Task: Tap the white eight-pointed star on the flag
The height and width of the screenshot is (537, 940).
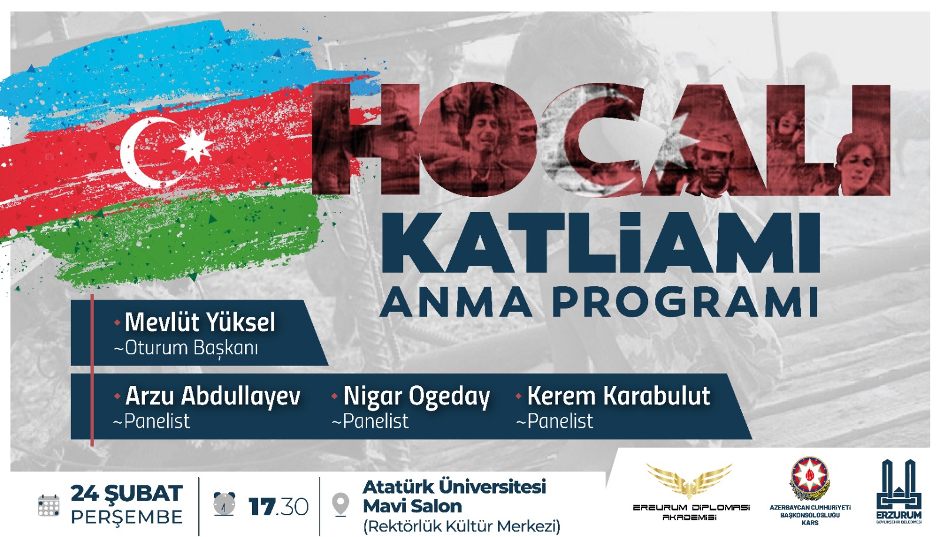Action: coord(194,145)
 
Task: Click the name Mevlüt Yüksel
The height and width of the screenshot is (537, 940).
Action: coord(200,322)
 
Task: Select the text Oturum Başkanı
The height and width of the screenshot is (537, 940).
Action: coord(191,348)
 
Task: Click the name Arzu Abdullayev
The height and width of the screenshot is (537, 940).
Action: coord(213,397)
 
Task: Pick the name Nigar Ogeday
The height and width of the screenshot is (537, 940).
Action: coord(417,397)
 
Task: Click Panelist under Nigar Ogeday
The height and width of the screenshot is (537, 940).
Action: coord(375,421)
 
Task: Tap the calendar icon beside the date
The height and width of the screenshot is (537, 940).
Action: coord(49,505)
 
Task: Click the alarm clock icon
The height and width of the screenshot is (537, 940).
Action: coord(224,504)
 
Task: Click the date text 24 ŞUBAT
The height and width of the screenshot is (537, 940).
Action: coord(126,494)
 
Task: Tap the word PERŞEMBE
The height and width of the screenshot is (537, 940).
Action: coord(127,517)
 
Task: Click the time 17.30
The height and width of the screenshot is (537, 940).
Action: coord(278,507)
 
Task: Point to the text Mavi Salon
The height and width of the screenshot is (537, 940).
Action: coord(412,506)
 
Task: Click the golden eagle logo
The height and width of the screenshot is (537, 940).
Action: coord(689,481)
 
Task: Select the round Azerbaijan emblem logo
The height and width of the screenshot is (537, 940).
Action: coord(810,479)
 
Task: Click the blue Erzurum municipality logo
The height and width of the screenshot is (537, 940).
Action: coord(899,491)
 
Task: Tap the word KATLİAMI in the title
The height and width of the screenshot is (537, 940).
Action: coord(600,244)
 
